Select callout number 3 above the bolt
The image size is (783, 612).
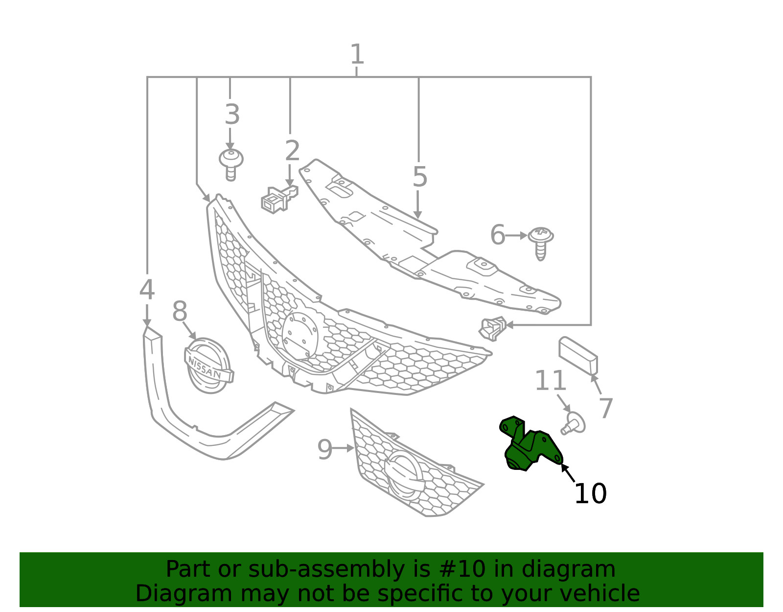[232, 114]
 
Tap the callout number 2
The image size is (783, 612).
[292, 150]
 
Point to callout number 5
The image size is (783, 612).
[420, 177]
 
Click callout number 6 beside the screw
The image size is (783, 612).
[498, 234]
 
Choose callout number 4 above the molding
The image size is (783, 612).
[147, 290]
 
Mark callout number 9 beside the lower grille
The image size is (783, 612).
[324, 449]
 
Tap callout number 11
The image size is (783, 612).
[550, 380]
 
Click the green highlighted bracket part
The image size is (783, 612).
[530, 445]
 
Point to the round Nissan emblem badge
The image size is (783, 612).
[208, 366]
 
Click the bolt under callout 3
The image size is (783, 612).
[231, 165]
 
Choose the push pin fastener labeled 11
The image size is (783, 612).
[573, 423]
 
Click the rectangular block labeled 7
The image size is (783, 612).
[578, 356]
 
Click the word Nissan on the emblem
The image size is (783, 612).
[205, 368]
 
